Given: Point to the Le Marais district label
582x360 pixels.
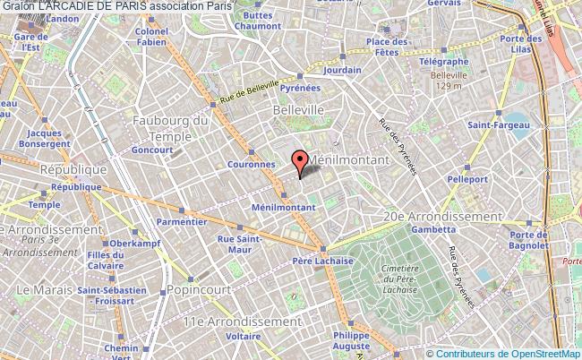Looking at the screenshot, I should [36, 289].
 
